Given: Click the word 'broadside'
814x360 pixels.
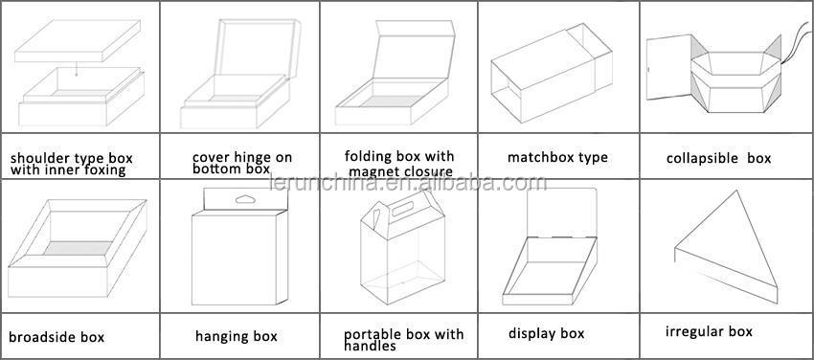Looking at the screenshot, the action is (x=41, y=337).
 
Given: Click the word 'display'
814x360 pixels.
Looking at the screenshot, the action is (x=531, y=333).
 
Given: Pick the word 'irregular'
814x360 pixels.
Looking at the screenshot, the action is (x=690, y=331).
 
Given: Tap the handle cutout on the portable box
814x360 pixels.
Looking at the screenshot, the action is (x=402, y=209).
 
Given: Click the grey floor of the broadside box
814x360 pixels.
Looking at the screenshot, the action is (x=78, y=248).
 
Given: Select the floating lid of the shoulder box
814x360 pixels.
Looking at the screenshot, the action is (x=78, y=41).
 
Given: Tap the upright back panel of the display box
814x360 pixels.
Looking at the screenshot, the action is (x=562, y=213).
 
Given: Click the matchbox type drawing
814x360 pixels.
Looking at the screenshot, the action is (x=552, y=73).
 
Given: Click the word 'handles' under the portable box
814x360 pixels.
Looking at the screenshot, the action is (x=371, y=346).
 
